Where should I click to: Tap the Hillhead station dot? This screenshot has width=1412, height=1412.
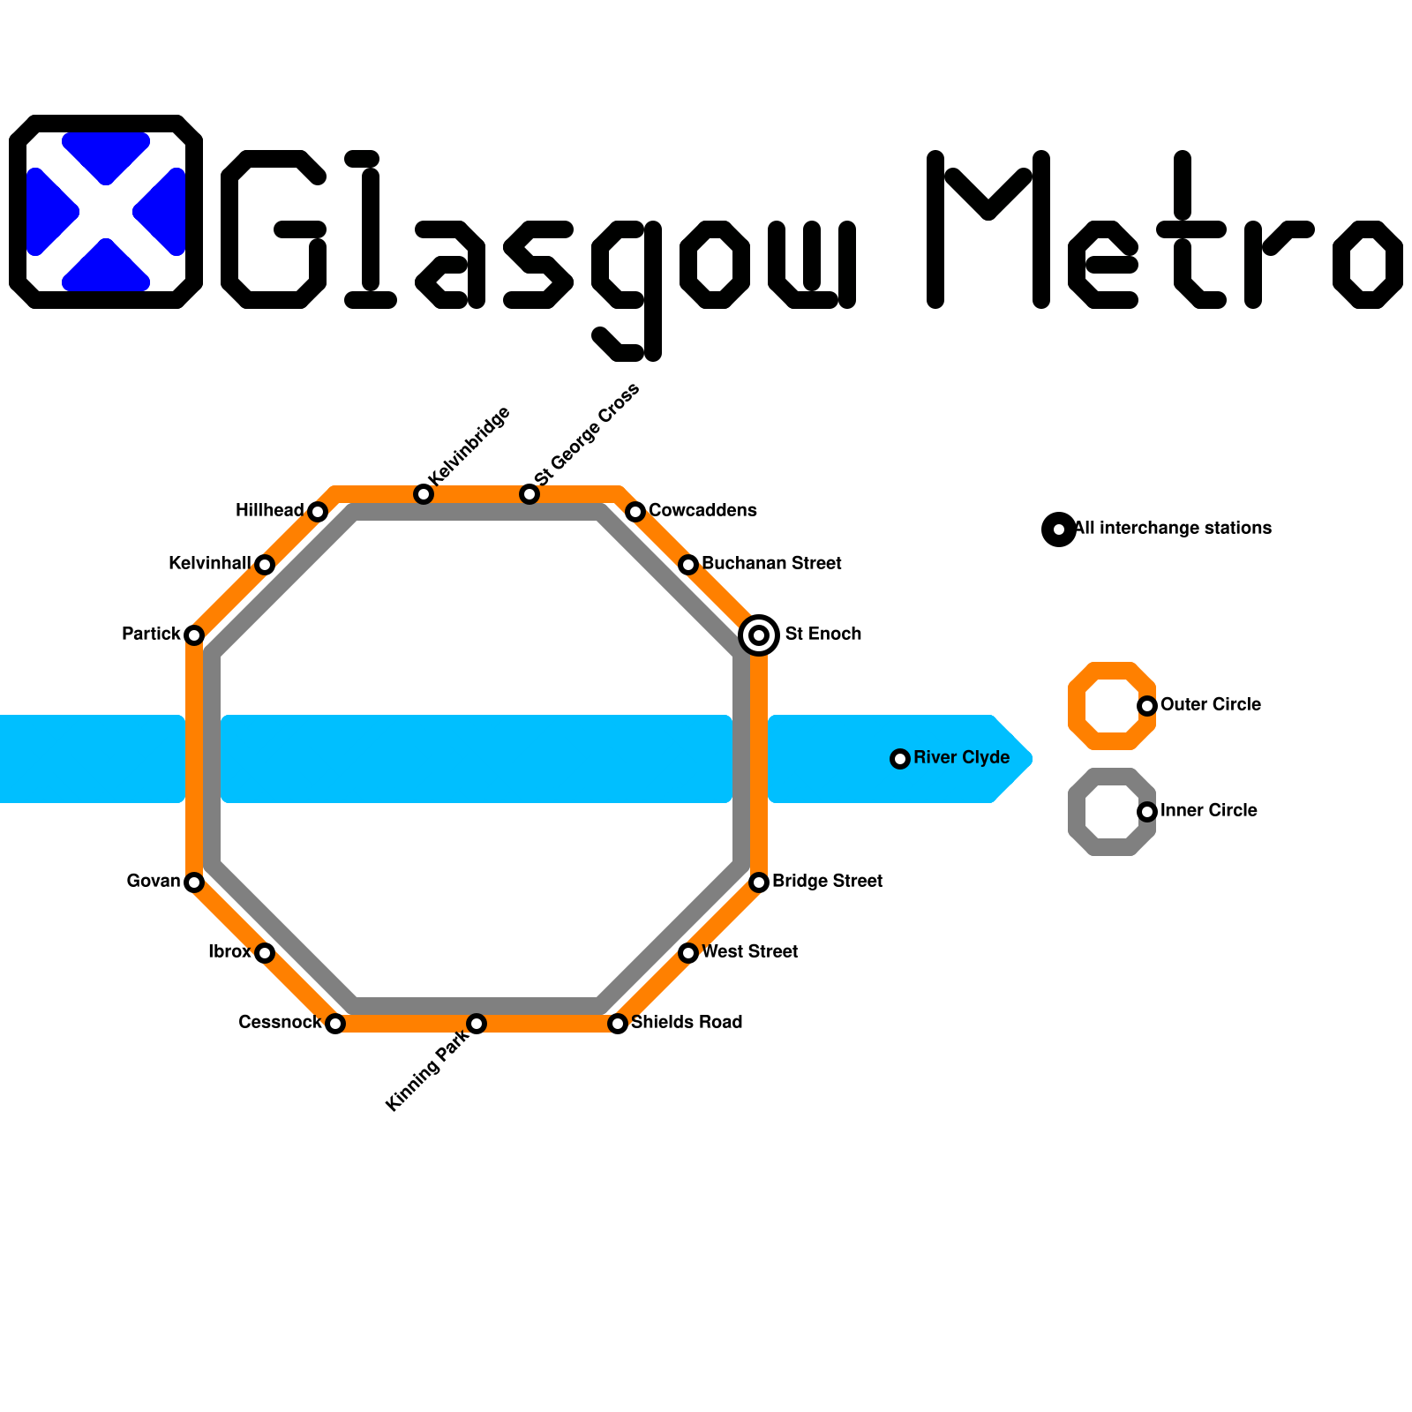coord(318,512)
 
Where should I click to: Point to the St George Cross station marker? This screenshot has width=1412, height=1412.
coord(529,494)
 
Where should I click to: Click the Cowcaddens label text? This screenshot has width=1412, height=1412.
coord(702,511)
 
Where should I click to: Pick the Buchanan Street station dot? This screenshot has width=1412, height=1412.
coord(688,565)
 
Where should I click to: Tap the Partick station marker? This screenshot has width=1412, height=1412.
coord(194,635)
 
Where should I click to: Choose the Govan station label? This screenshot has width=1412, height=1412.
coord(154,882)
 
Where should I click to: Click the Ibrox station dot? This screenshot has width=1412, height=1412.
coord(265,953)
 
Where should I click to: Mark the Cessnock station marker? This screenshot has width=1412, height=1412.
coord(335,1024)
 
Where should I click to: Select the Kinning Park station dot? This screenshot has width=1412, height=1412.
coord(477,1024)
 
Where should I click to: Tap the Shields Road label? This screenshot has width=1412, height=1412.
coord(687,1023)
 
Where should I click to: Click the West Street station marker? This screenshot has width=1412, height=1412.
coord(688,953)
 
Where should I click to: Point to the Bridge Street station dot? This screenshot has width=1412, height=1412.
coord(759,882)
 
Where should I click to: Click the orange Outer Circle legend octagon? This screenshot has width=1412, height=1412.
coord(1077,706)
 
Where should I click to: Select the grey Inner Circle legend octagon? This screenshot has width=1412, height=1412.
coord(1077,812)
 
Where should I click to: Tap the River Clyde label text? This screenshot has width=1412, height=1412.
coord(961,758)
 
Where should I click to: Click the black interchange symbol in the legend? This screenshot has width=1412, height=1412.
coord(1059,529)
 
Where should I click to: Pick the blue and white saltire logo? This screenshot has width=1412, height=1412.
coord(106,212)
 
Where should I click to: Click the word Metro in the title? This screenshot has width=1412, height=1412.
coord(1165,229)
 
